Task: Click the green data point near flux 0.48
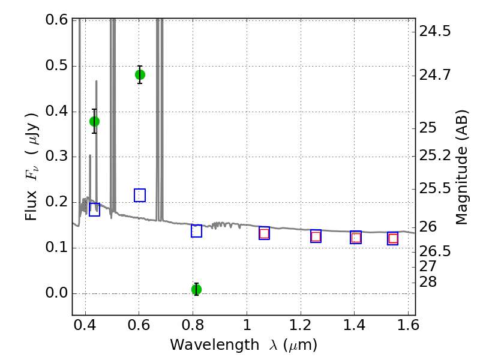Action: click(x=140, y=74)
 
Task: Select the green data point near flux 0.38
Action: click(x=94, y=121)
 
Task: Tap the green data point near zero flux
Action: click(x=196, y=289)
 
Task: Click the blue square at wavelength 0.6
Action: click(x=140, y=195)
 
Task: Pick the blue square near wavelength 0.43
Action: click(x=94, y=209)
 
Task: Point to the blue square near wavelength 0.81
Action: click(x=196, y=231)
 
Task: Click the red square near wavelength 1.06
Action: click(x=264, y=233)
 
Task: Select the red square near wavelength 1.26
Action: click(x=316, y=236)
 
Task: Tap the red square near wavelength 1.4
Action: click(x=356, y=238)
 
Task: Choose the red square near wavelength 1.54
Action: click(x=393, y=239)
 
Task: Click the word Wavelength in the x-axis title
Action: click(x=204, y=345)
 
